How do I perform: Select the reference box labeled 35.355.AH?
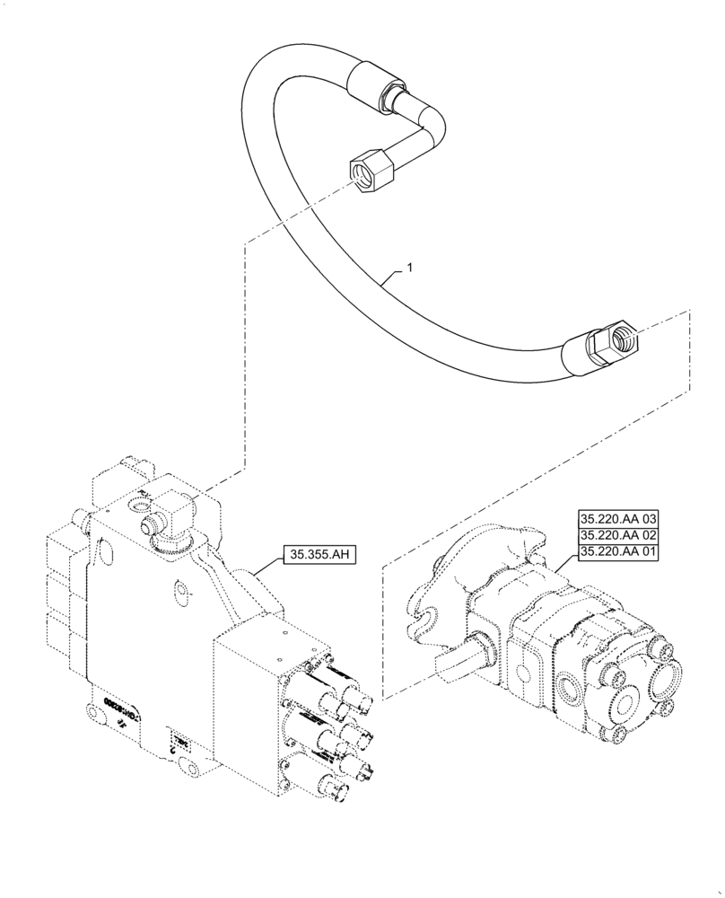(x=320, y=554)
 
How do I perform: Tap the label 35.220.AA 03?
(x=618, y=518)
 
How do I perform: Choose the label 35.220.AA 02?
(x=618, y=535)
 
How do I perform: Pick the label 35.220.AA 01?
(x=618, y=551)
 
